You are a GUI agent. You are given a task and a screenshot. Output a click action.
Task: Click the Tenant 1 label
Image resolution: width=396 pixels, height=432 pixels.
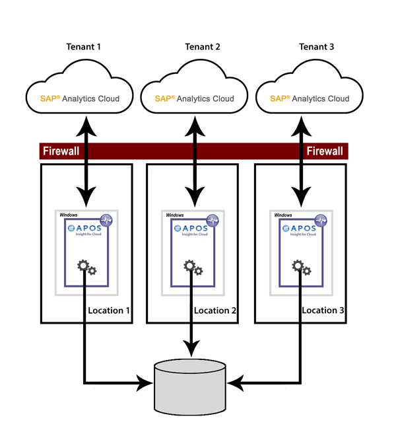(86, 47)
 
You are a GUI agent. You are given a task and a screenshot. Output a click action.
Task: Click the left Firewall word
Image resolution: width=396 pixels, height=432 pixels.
(61, 151)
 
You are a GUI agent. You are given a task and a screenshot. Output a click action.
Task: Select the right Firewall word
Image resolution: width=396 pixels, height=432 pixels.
(325, 151)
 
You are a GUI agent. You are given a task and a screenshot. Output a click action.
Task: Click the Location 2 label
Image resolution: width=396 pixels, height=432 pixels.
(216, 310)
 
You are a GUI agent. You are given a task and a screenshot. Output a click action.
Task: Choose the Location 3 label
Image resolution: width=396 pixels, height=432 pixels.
(324, 310)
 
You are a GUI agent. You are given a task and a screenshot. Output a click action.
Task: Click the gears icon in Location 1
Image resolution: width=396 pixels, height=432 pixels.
(86, 268)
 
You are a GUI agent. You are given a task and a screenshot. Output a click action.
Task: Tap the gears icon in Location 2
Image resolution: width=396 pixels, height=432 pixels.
(193, 268)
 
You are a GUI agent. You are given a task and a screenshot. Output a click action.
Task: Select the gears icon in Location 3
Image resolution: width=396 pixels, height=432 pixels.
(302, 268)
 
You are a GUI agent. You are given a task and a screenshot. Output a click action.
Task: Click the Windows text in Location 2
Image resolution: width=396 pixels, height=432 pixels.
(175, 215)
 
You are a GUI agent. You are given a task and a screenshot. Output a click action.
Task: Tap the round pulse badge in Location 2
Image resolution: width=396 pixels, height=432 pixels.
(213, 221)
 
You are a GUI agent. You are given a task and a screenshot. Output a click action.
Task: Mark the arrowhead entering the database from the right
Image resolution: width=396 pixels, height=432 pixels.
(240, 382)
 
